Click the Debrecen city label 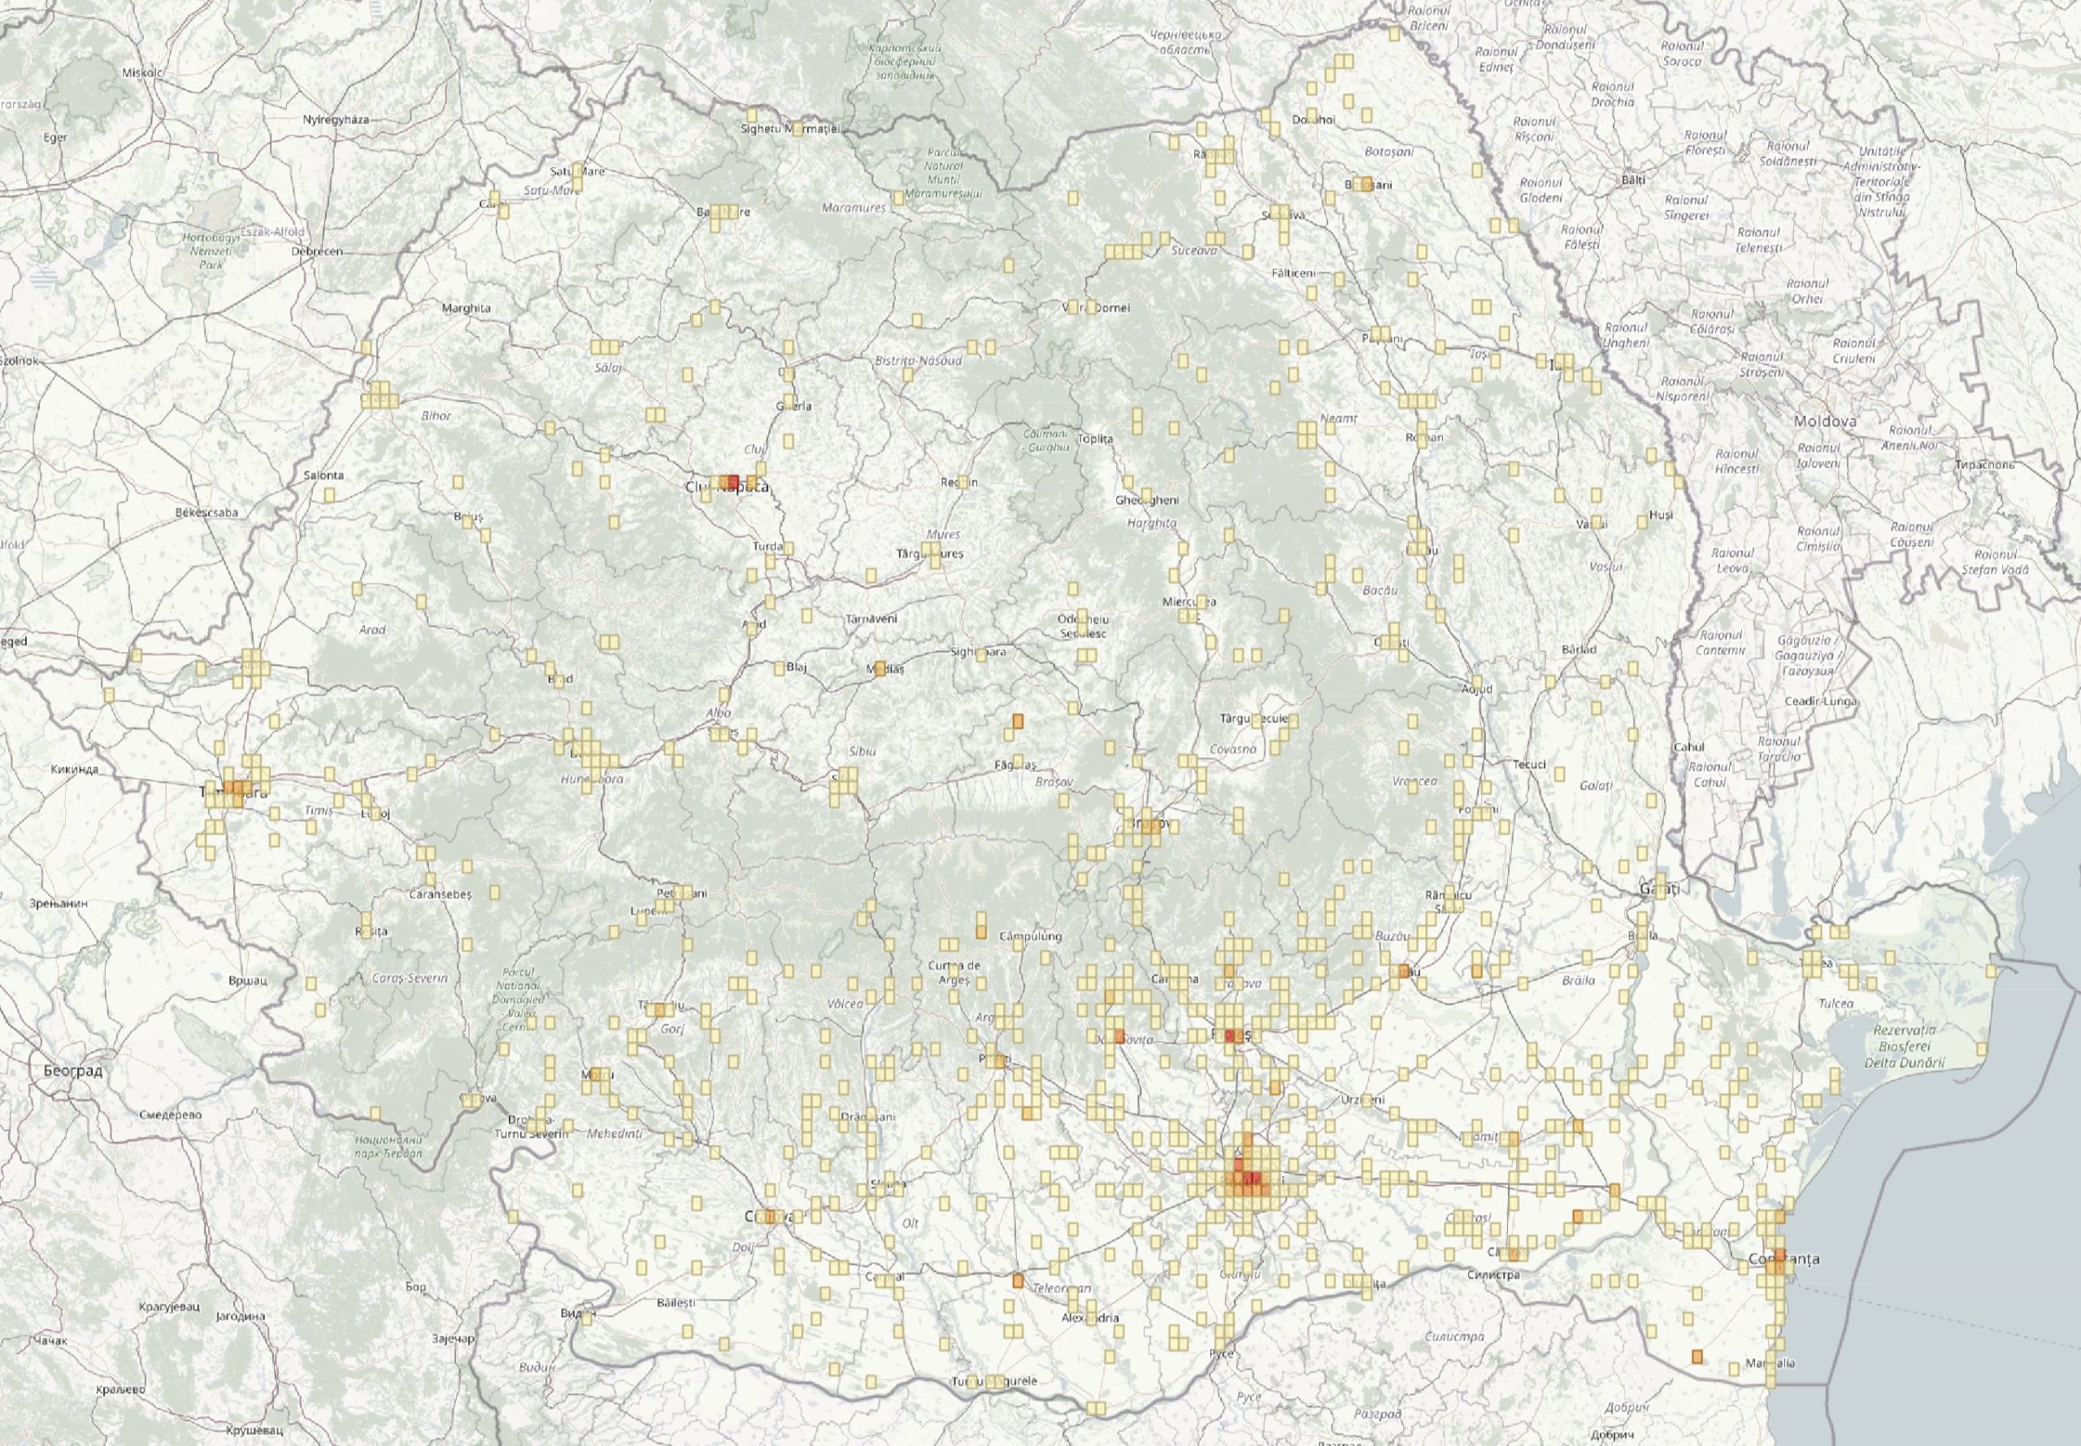(317, 251)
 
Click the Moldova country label (1826, 421)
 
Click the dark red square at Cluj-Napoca (733, 481)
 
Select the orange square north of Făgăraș (1016, 721)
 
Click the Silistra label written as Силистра (1497, 1274)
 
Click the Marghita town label (466, 308)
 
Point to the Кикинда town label (76, 770)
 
